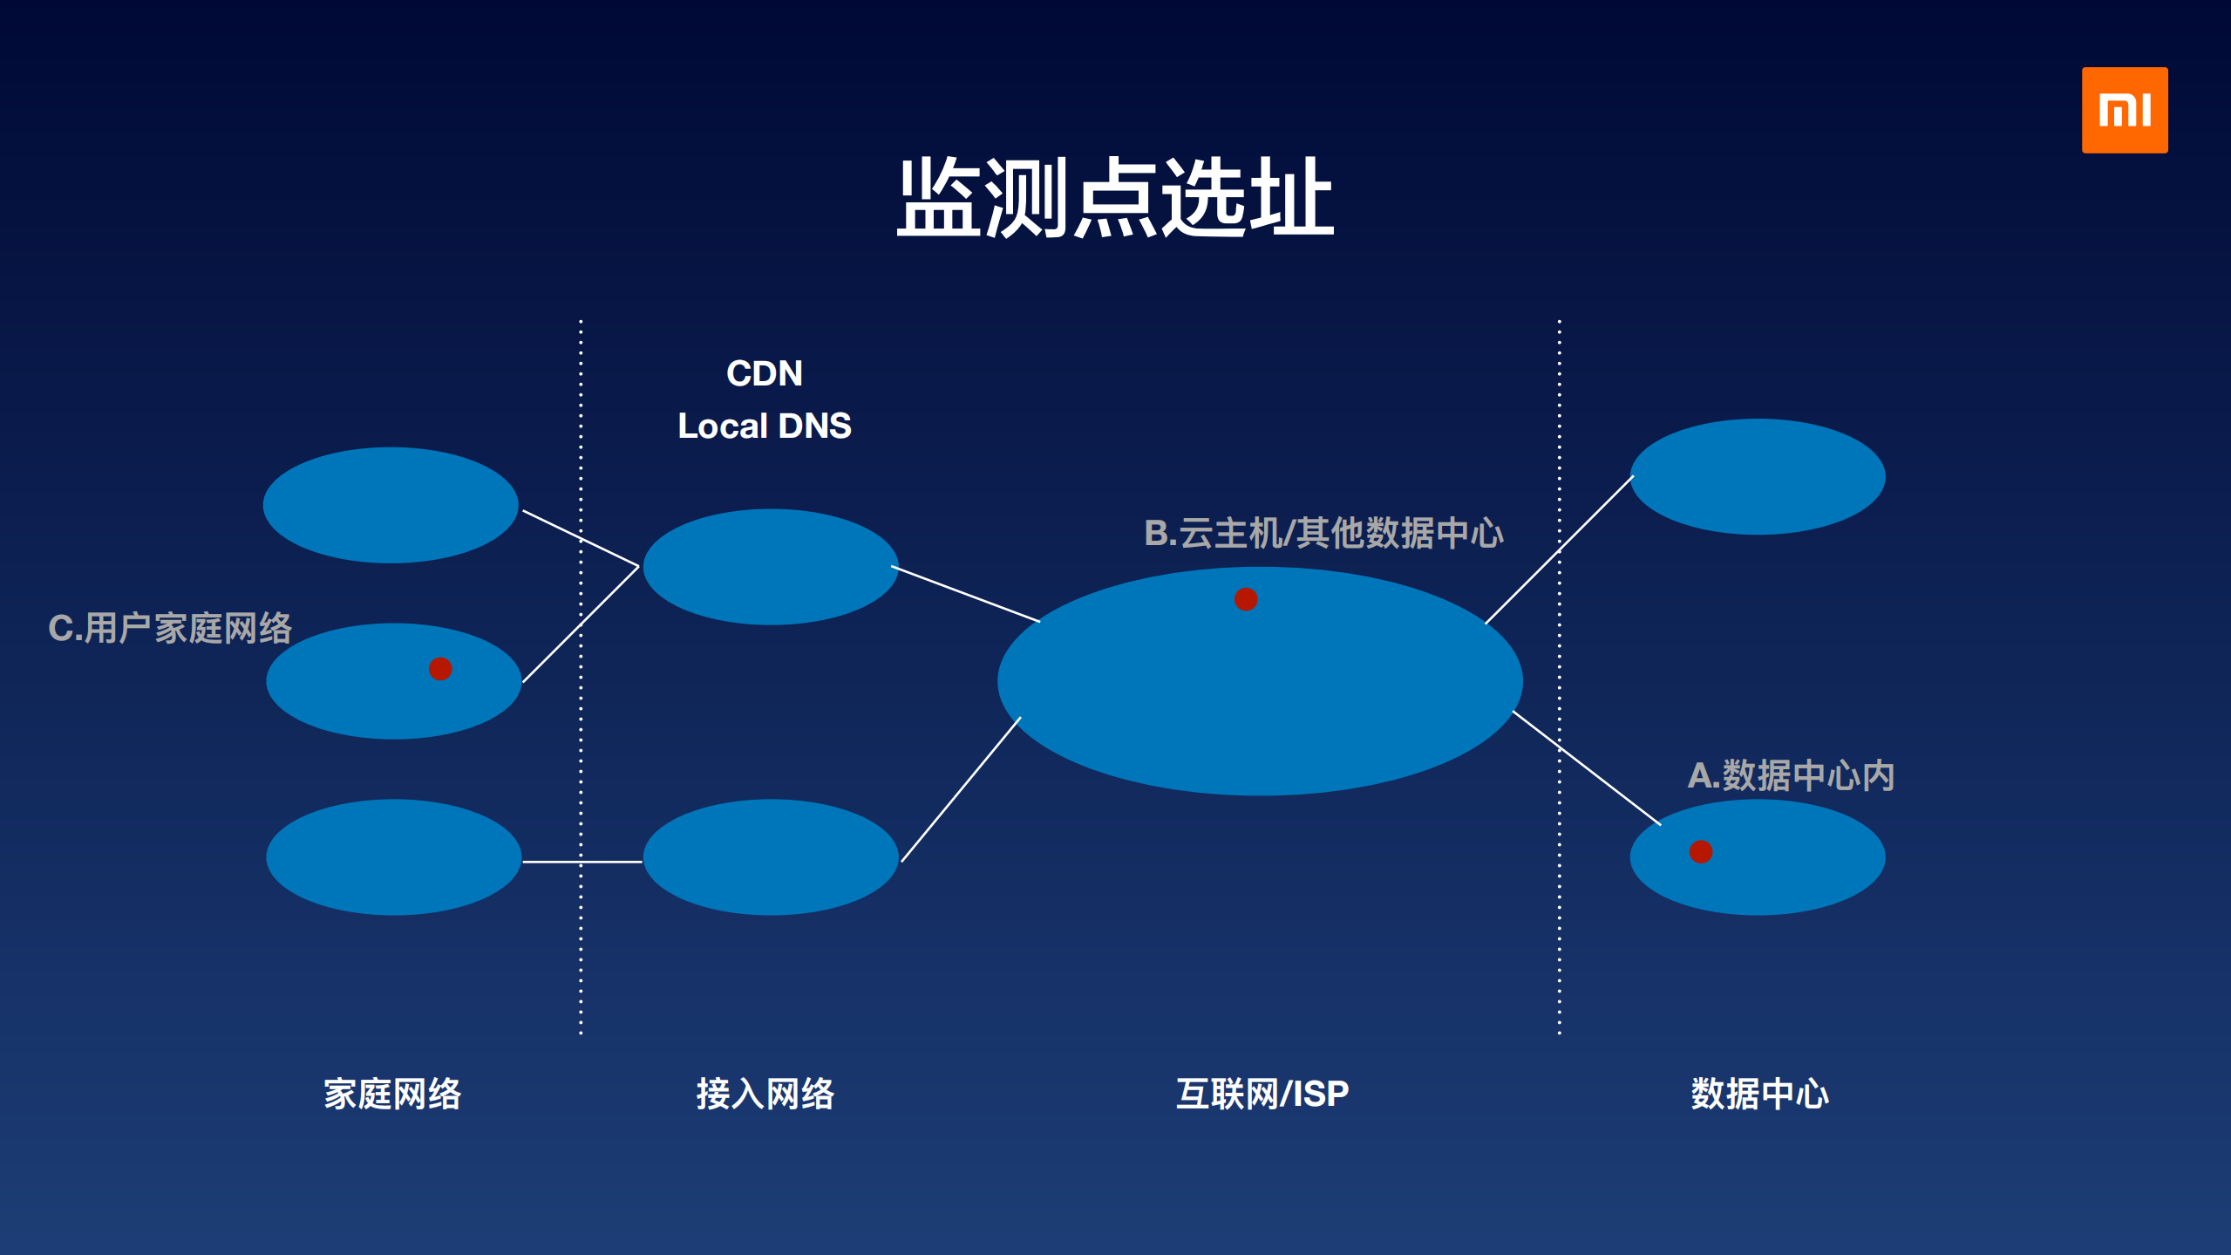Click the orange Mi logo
[x=2124, y=110]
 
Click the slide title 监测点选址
[x=1115, y=198]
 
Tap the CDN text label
[x=765, y=373]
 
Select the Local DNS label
[x=765, y=426]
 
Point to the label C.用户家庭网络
[x=170, y=628]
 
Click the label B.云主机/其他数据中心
[x=1323, y=533]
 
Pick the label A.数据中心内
[x=1791, y=775]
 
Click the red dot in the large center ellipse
[x=1246, y=599]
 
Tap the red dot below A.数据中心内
[x=1701, y=851]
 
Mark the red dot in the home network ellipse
[x=440, y=669]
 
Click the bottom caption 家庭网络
[x=392, y=1094]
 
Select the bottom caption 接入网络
[x=765, y=1094]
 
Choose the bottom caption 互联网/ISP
[x=1262, y=1094]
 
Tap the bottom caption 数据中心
[x=1759, y=1094]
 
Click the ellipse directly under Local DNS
[x=771, y=567]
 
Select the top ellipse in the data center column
[x=1758, y=476]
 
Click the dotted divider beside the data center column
[x=1560, y=872]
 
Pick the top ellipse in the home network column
[x=391, y=505]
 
